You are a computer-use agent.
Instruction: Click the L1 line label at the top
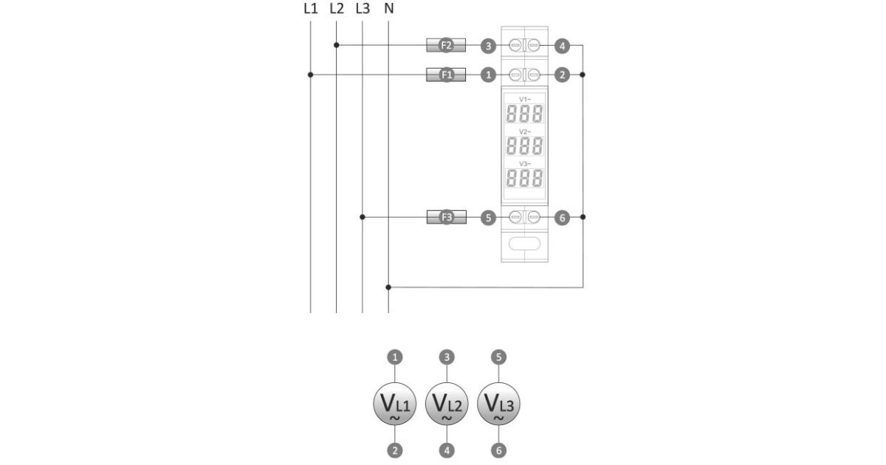click(310, 9)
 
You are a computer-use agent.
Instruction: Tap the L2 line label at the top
click(336, 9)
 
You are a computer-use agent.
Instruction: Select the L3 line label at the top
click(362, 9)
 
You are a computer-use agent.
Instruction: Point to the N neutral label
click(389, 9)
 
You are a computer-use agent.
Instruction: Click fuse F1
click(447, 75)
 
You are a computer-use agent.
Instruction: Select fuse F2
click(447, 46)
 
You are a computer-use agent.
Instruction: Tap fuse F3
click(447, 218)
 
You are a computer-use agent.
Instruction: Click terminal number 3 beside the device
click(487, 46)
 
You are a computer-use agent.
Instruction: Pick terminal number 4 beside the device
click(562, 46)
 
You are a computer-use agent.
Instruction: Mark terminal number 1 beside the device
click(487, 75)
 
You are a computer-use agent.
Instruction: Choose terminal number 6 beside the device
click(562, 218)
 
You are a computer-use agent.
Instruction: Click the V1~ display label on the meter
click(524, 99)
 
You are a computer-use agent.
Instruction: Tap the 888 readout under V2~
click(524, 145)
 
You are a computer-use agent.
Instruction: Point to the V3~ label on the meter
click(524, 163)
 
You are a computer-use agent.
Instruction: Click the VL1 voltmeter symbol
click(396, 404)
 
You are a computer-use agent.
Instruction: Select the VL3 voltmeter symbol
click(498, 404)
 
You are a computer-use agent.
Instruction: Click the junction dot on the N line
click(389, 286)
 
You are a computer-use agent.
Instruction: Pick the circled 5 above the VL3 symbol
click(498, 357)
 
